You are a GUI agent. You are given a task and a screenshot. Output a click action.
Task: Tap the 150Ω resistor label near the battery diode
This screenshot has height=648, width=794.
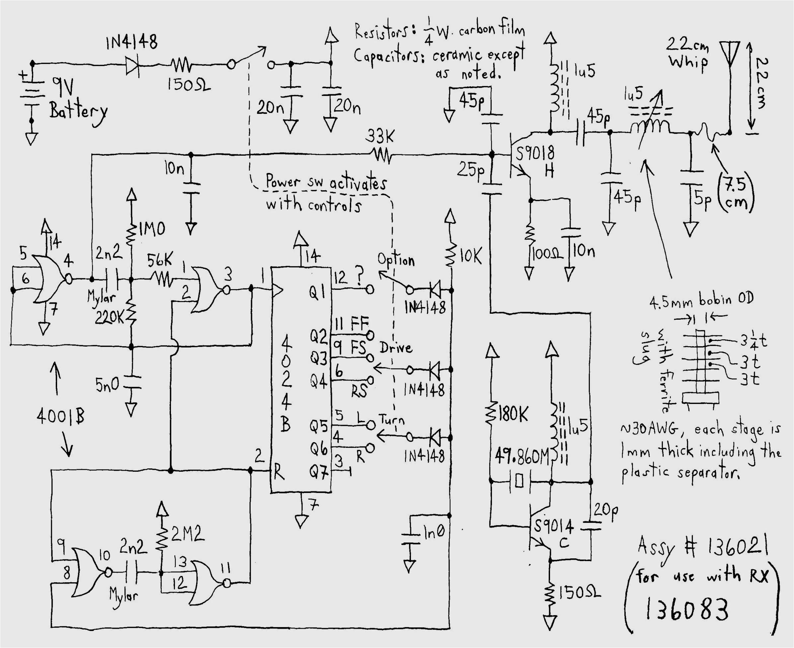[x=189, y=85]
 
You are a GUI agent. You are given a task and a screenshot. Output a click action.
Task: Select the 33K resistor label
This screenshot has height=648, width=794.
[x=379, y=136]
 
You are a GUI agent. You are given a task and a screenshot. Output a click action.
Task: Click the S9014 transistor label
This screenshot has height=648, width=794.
[x=553, y=526]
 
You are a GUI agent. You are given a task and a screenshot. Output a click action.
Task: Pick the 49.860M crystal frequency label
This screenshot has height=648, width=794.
[x=522, y=456]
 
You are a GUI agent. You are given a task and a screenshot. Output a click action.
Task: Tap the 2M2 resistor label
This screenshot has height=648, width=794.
[x=188, y=534]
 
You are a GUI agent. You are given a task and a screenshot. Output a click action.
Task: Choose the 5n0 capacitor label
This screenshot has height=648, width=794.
[x=107, y=385]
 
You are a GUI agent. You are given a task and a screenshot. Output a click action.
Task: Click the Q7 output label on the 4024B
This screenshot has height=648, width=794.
[x=318, y=472]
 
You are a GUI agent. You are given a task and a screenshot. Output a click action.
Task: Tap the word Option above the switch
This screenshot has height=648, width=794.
[x=396, y=259]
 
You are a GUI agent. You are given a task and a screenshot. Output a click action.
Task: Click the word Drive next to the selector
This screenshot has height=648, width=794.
[x=396, y=348]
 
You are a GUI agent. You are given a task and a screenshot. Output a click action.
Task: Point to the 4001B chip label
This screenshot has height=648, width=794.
[x=60, y=416]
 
